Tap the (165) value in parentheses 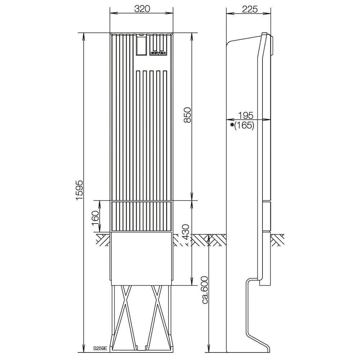244,126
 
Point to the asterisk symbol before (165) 232,125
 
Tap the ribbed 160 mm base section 142,216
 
